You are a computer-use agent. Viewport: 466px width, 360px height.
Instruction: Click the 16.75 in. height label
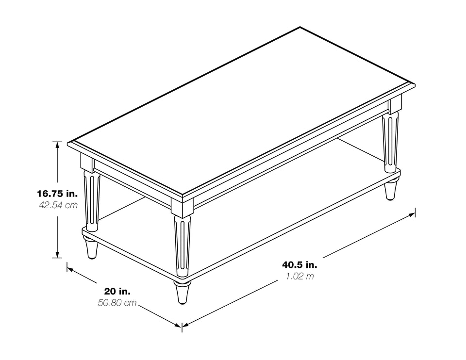point(57,194)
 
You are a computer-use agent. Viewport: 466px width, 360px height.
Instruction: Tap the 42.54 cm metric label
point(58,205)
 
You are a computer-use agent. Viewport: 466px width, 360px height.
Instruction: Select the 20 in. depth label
point(117,292)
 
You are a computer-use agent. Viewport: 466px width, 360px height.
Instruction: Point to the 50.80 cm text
point(117,303)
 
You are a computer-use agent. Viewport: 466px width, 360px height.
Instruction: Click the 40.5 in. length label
point(300,264)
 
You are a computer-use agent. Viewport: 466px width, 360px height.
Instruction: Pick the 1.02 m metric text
point(300,276)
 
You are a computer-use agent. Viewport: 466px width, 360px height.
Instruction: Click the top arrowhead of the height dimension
point(57,145)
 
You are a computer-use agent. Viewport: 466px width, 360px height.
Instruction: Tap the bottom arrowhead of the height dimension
point(57,255)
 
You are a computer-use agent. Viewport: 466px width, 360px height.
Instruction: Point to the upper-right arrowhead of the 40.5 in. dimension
point(412,214)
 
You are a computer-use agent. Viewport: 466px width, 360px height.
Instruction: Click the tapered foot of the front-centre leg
point(182,292)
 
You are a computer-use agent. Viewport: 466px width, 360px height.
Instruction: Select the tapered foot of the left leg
point(92,248)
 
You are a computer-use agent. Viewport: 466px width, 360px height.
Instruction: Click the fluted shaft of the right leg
point(390,142)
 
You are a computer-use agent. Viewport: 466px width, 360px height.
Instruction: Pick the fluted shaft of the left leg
point(92,201)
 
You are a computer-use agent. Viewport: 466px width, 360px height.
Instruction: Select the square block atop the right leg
point(395,106)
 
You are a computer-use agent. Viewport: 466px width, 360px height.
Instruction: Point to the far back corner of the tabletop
point(300,27)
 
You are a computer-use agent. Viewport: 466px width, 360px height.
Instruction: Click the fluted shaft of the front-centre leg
point(182,246)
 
